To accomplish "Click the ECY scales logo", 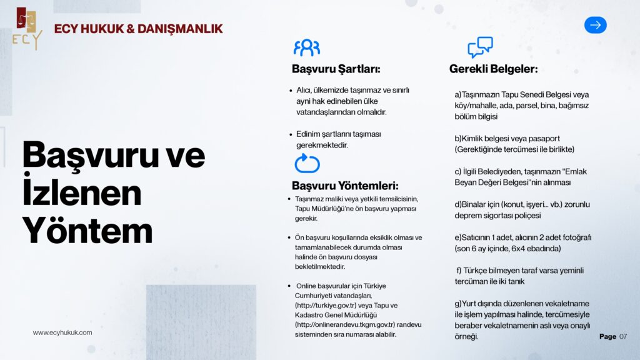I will [26, 28].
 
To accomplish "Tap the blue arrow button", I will [595, 25].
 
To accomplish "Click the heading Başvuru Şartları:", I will [336, 69].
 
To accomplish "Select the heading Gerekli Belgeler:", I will [493, 69].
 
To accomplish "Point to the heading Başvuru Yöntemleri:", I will [344, 186].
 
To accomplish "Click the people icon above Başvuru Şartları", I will [307, 47].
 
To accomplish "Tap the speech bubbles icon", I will [480, 47].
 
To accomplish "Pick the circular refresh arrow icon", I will [307, 164].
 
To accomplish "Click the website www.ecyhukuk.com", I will [62, 332].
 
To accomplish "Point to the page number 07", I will [623, 337].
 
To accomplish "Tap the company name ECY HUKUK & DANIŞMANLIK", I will [138, 29].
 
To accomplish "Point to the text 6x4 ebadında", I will [533, 249].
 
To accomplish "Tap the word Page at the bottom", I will [607, 337].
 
